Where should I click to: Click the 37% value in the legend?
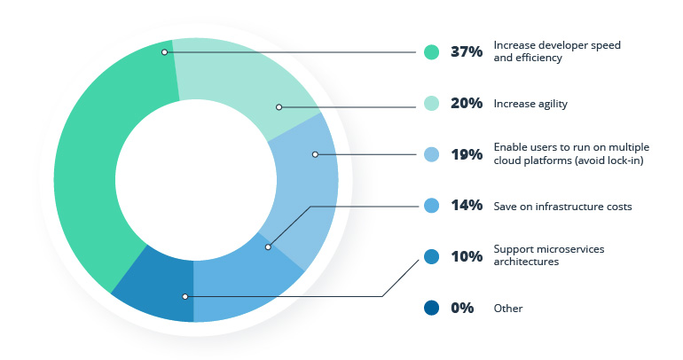pos(466,51)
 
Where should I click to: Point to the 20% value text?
pos(466,104)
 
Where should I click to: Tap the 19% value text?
pos(466,154)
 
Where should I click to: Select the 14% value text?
pos(466,206)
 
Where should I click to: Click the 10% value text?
pos(466,257)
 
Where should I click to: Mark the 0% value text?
pos(462,309)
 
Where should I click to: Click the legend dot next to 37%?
pos(431,51)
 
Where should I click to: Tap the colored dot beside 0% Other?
pos(431,309)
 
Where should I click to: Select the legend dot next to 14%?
pos(431,206)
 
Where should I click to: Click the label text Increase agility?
pos(530,104)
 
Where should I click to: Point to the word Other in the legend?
pos(508,309)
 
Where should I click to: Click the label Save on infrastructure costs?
pos(562,206)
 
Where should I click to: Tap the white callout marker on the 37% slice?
pos(165,52)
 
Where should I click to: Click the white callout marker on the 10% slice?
pos(184,296)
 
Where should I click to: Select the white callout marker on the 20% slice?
pos(279,107)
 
